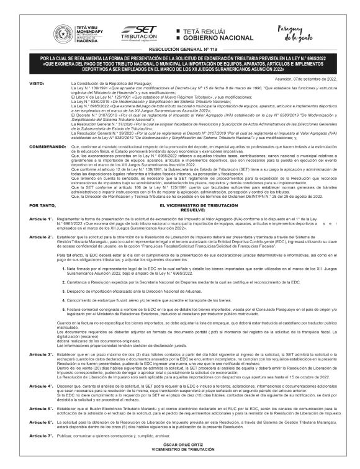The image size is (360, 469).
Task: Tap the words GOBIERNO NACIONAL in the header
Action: click(215, 38)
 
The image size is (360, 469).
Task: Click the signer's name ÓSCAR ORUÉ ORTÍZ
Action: click(179, 445)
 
